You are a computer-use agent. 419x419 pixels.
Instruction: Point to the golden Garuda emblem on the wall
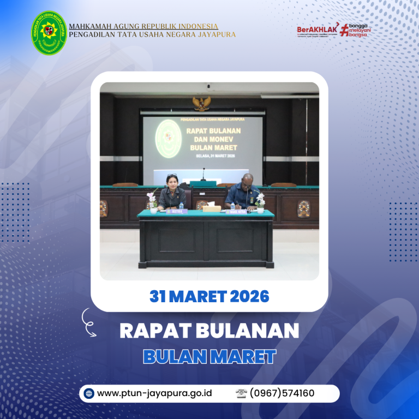[202, 103]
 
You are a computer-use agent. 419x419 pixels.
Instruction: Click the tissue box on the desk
[211, 208]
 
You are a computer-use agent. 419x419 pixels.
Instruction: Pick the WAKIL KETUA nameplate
[237, 211]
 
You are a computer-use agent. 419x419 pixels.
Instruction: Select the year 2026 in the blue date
[249, 296]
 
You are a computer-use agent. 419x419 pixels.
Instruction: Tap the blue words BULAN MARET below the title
[209, 356]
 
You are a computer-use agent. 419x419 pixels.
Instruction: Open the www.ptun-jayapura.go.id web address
[154, 393]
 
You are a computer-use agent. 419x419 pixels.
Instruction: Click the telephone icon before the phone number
[242, 393]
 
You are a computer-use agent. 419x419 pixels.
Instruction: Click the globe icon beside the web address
[89, 393]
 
